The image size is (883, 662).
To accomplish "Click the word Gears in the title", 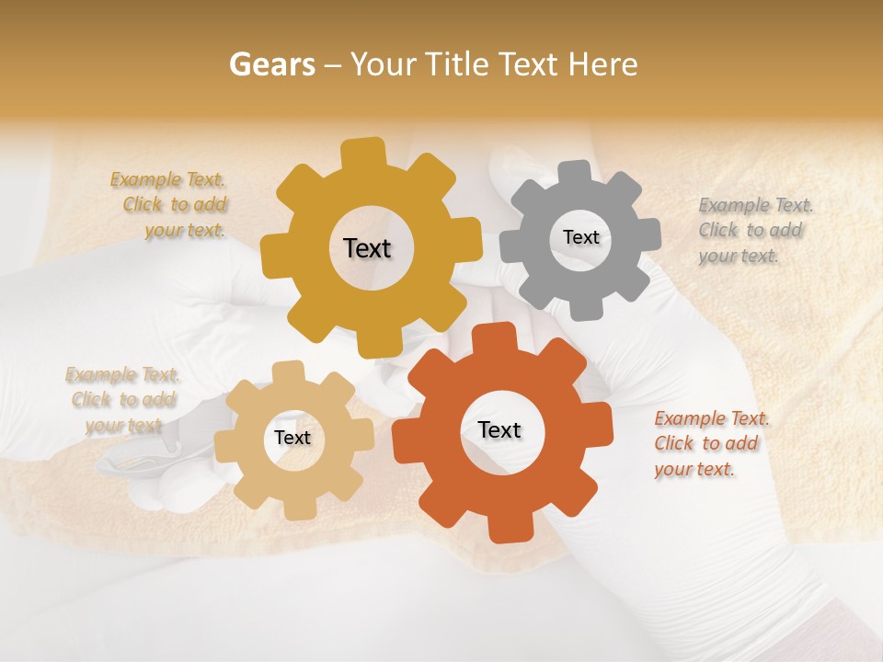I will click(x=271, y=64).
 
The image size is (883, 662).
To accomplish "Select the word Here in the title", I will click(x=602, y=64).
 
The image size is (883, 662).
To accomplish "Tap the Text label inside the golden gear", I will click(x=367, y=248).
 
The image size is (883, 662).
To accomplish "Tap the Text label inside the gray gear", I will click(x=580, y=237).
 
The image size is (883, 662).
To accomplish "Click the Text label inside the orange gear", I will click(x=499, y=429).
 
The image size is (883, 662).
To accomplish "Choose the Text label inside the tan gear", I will click(x=292, y=438).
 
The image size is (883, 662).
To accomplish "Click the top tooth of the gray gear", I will click(x=576, y=173).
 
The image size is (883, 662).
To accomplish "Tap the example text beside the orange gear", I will click(x=710, y=444).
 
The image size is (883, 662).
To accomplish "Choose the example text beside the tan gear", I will click(x=122, y=400).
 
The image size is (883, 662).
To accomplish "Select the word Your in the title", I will click(x=384, y=64).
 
